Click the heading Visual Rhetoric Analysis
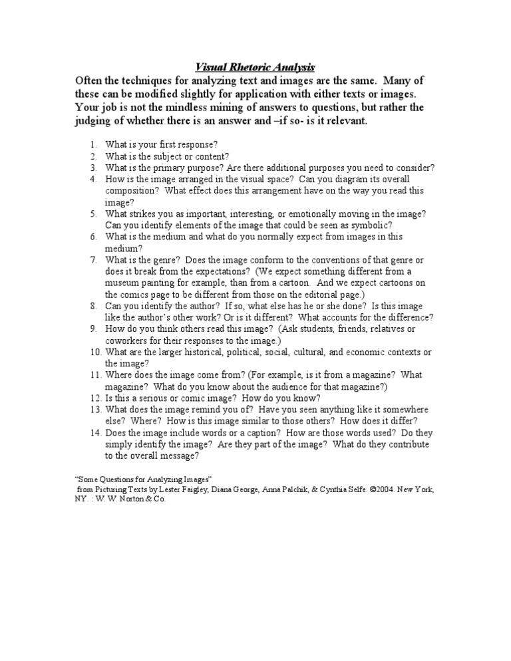coord(255,67)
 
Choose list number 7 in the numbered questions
coord(94,259)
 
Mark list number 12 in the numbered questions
coord(92,398)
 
